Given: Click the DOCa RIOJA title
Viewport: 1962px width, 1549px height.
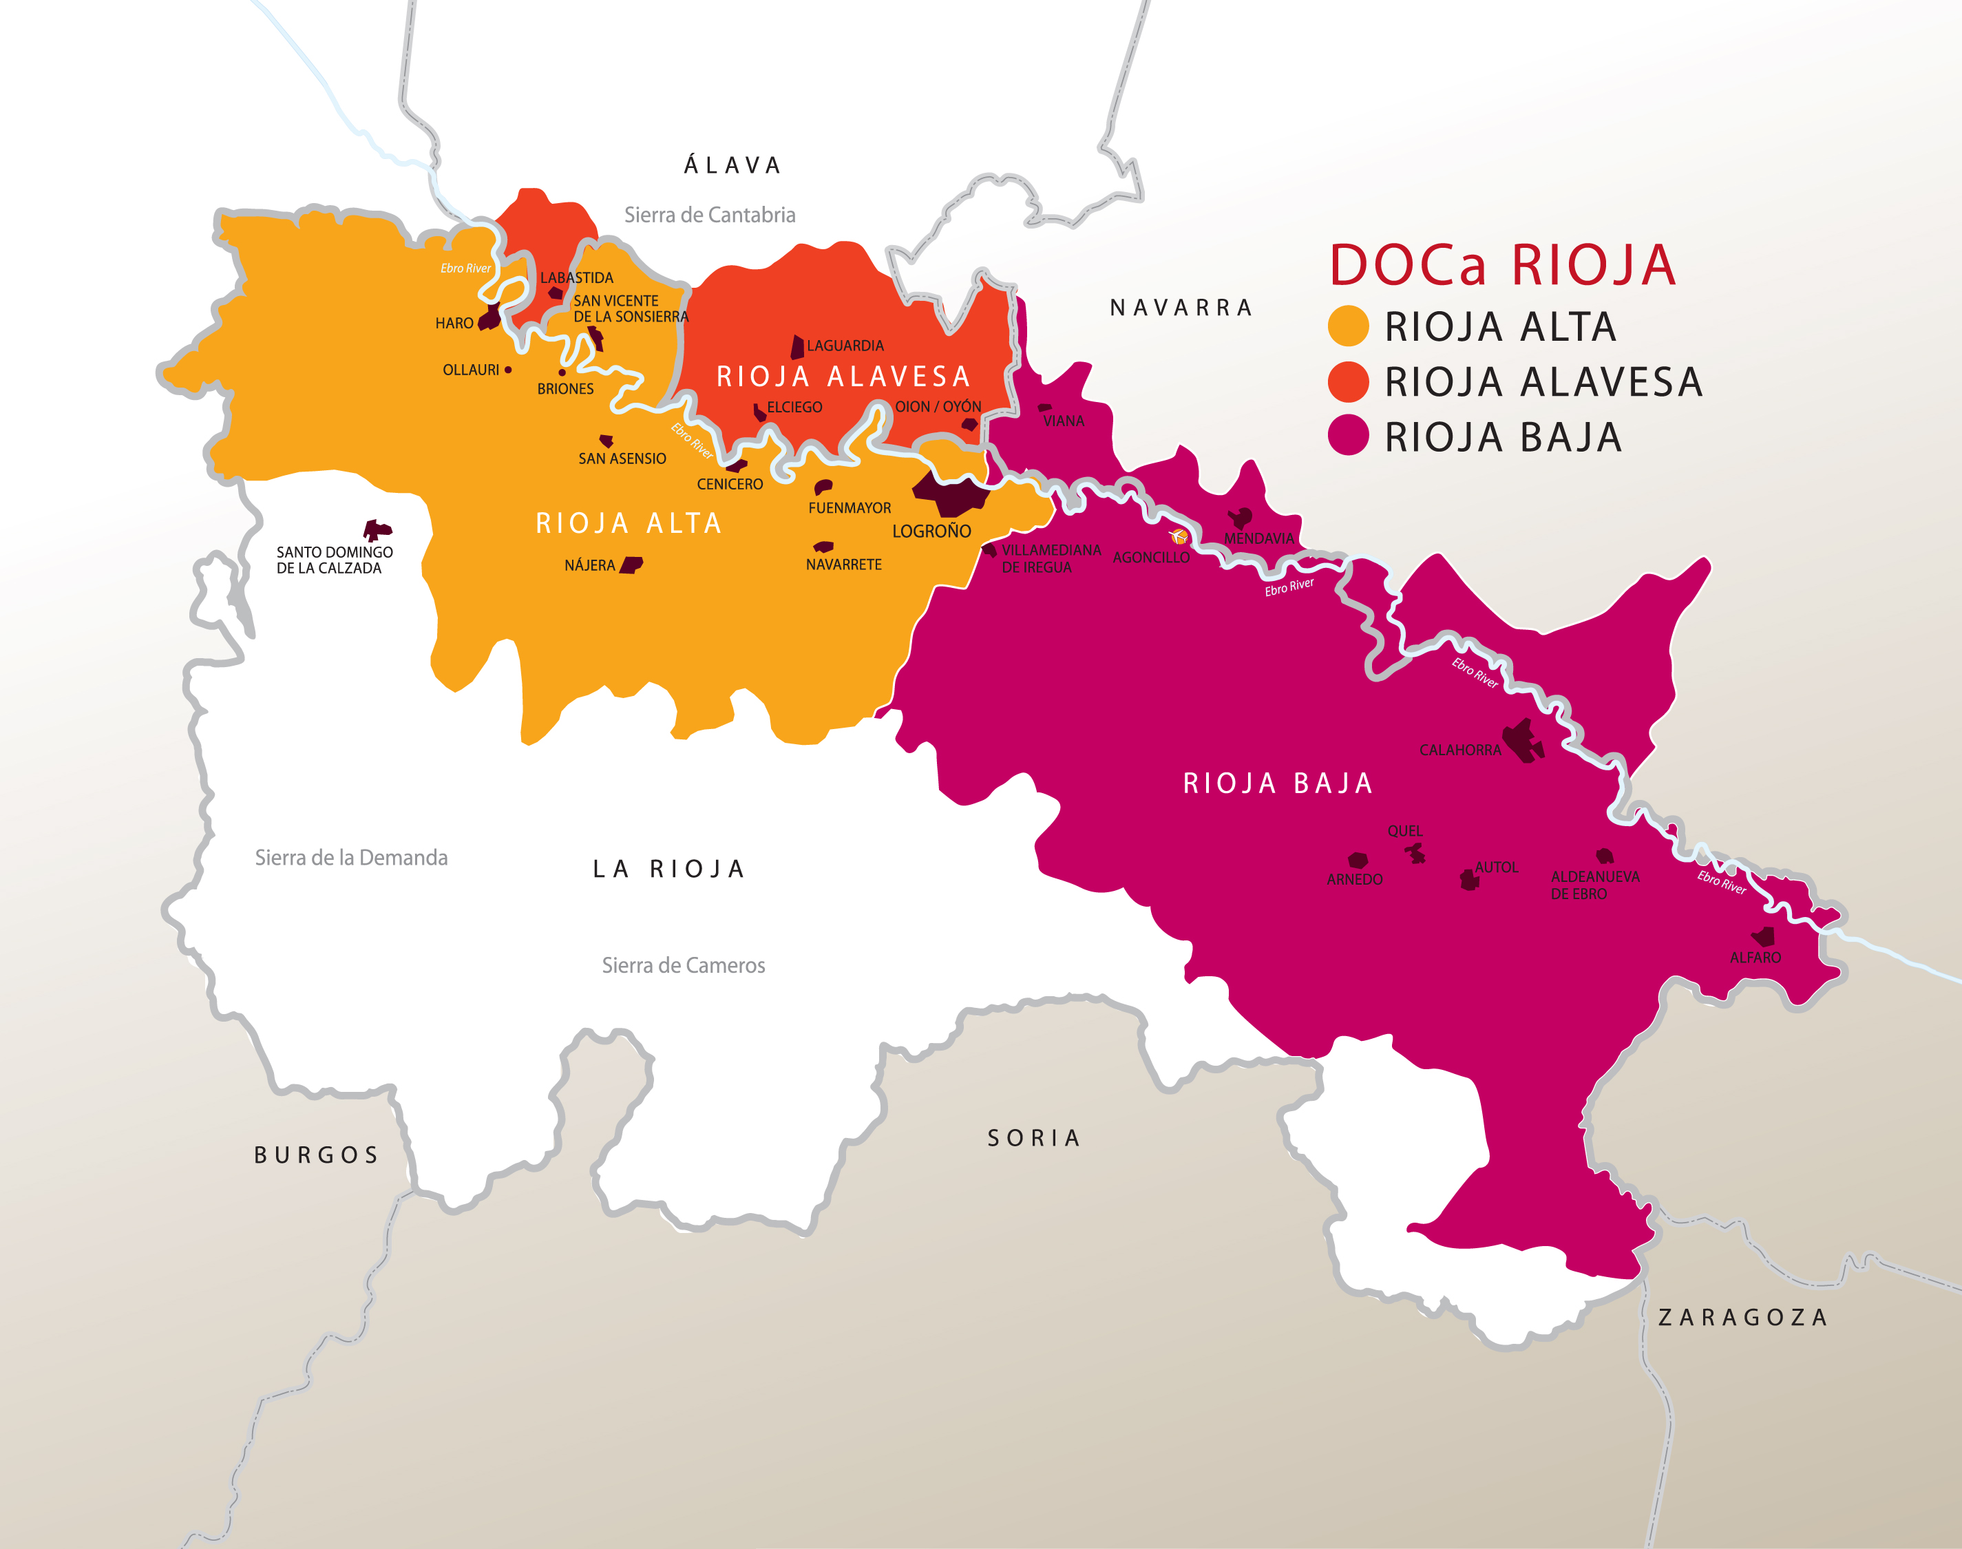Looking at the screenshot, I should coord(1502,265).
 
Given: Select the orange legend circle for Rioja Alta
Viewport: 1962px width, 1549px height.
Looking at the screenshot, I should coord(1347,326).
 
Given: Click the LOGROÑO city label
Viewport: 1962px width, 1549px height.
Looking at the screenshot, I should coord(931,531).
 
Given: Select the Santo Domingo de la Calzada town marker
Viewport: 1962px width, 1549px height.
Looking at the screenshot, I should coord(377,529).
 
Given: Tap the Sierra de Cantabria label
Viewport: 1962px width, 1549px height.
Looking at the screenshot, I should coord(709,215).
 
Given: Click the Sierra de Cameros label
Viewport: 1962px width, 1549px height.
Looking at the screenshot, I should coord(683,966).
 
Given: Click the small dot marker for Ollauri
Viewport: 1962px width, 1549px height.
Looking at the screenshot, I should coord(508,370).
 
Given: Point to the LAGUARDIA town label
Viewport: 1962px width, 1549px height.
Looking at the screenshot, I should coord(844,346).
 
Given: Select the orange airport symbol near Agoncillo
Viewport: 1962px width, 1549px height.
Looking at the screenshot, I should coord(1179,536).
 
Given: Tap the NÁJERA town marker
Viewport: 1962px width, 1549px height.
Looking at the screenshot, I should coord(631,565).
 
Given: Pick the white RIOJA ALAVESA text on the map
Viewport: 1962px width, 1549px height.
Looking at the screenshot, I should coord(843,377).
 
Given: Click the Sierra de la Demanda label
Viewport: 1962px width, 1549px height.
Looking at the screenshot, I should coord(351,858).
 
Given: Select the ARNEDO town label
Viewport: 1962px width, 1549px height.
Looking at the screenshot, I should coord(1353,880).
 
